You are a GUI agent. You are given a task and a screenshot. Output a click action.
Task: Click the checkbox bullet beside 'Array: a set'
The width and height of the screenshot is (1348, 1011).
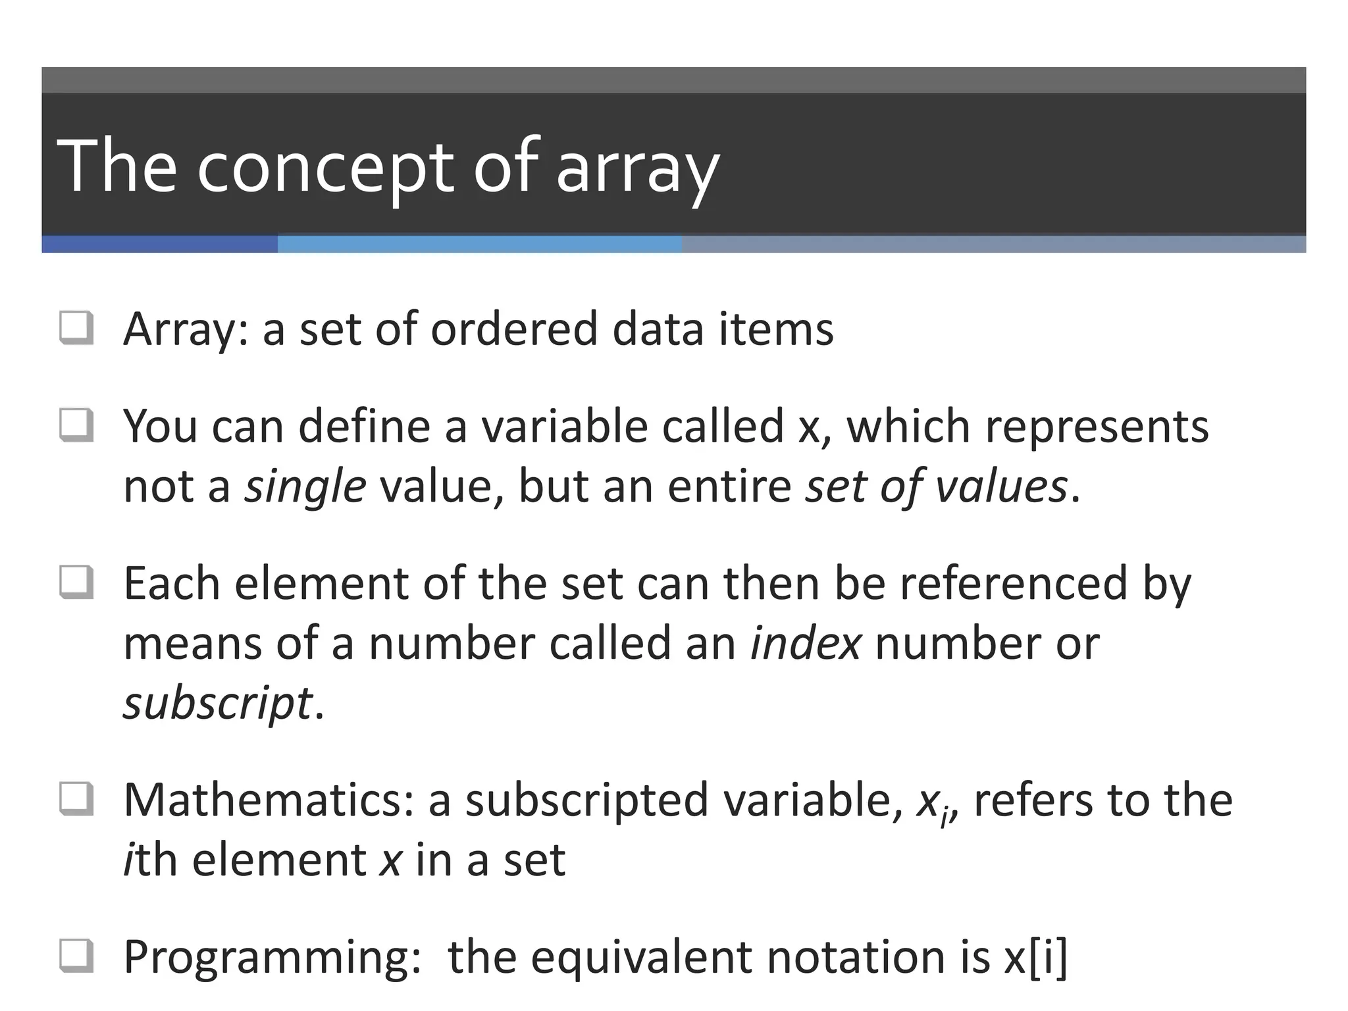[x=76, y=328]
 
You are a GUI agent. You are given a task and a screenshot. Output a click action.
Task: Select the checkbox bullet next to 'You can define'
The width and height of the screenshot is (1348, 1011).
[x=76, y=425]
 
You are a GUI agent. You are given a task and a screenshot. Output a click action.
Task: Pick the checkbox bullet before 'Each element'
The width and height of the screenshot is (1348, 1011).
[x=76, y=583]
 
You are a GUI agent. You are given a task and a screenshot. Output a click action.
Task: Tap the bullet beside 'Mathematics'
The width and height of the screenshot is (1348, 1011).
[x=76, y=799]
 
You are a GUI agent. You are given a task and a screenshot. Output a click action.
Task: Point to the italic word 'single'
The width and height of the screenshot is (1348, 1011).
[x=305, y=486]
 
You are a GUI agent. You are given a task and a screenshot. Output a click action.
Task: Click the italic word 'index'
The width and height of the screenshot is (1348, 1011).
[x=805, y=643]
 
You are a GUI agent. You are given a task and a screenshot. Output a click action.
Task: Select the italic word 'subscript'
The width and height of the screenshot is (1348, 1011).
[x=217, y=703]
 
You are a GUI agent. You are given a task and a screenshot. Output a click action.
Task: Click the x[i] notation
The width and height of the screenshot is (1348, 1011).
[x=1035, y=956]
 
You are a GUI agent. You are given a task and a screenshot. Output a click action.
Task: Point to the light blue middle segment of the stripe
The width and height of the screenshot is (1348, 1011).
[x=479, y=244]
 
